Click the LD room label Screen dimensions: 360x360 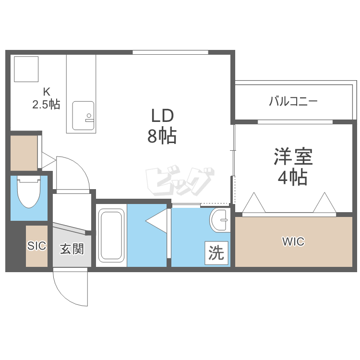click(162, 116)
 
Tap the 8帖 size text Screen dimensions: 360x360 click(162, 136)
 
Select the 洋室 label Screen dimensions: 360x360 click(293, 156)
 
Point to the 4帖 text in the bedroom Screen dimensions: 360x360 click(293, 177)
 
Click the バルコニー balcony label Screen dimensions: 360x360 click(293, 101)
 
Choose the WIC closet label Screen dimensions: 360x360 click(293, 241)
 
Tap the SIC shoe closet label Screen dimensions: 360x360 click(37, 246)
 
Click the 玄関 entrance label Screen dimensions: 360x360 click(72, 249)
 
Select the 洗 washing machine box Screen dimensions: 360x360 click(216, 253)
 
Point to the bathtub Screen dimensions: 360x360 click(111, 235)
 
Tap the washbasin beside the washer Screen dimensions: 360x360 click(220, 220)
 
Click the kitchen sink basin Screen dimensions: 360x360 click(83, 116)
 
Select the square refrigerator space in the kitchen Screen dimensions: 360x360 click(26, 69)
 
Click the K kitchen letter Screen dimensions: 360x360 click(47, 92)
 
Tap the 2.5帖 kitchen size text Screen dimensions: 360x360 click(47, 105)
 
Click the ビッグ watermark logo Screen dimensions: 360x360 click(180, 181)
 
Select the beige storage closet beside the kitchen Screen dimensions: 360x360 click(24, 153)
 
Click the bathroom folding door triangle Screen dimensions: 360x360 click(156, 221)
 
